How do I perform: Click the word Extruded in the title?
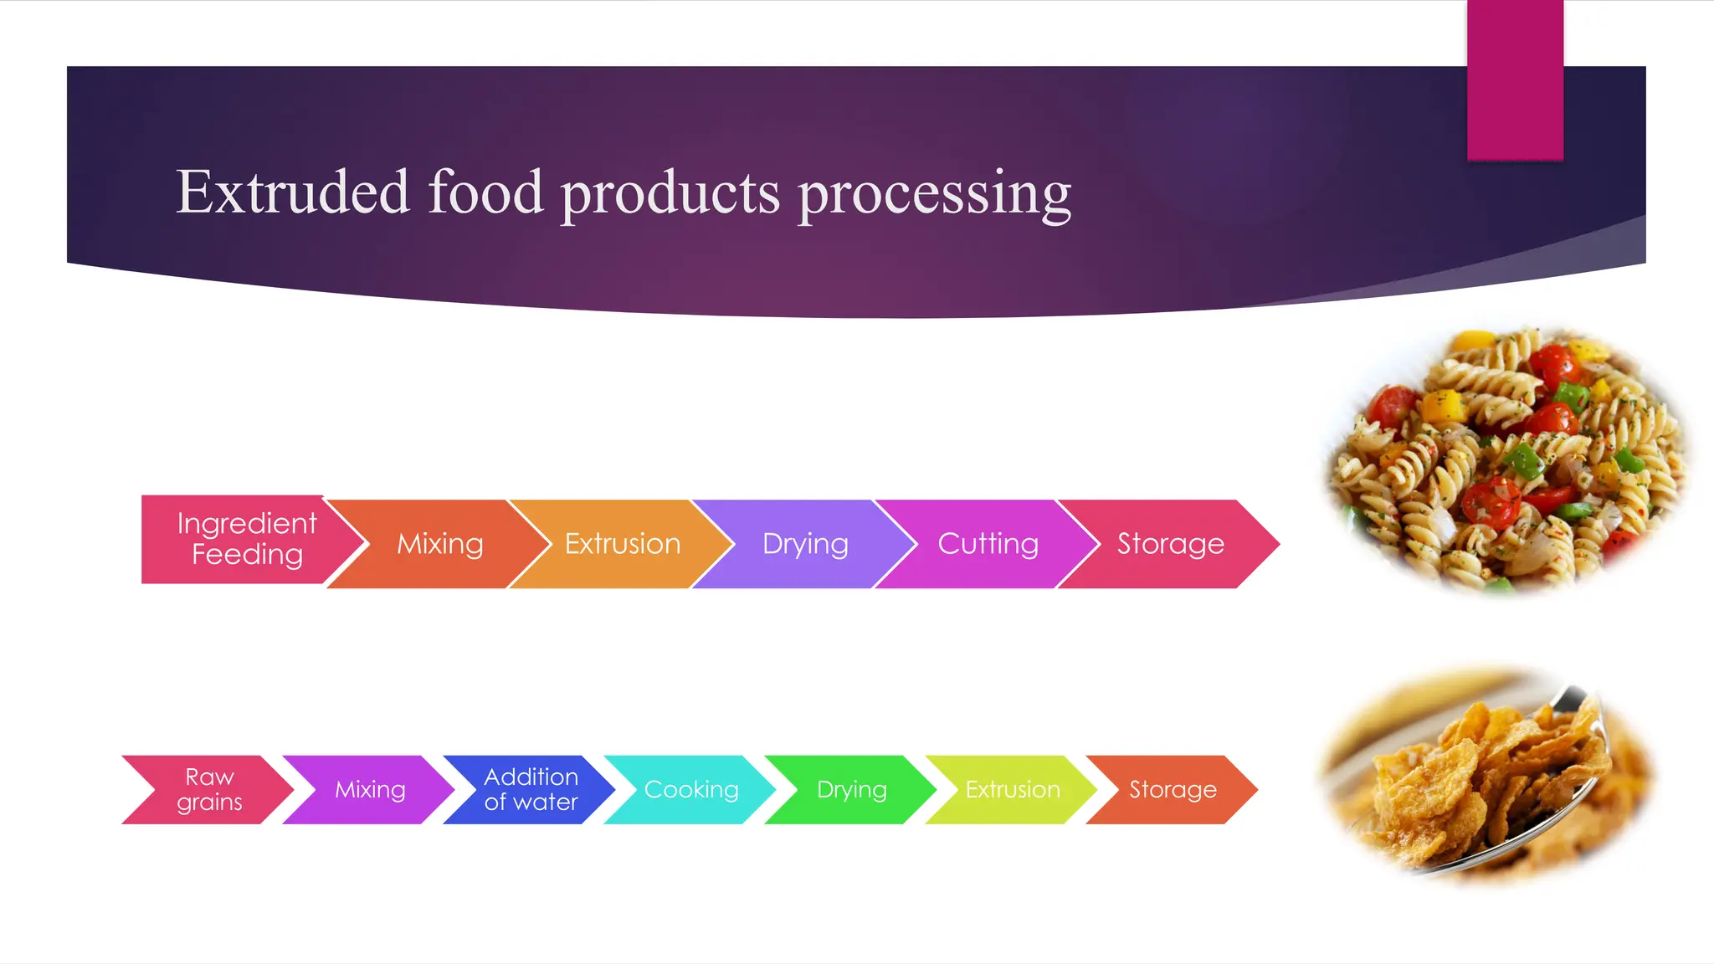[292, 192]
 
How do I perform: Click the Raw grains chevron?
[209, 789]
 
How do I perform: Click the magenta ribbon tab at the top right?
[1515, 79]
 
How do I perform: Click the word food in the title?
[485, 192]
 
